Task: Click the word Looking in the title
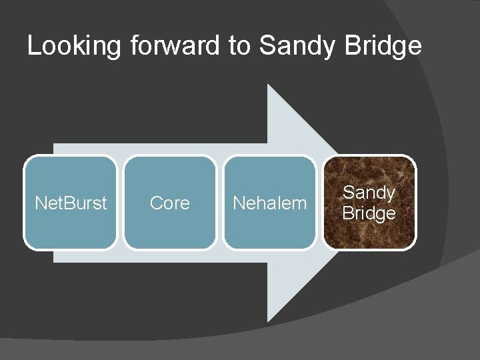tap(74, 46)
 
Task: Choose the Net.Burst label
tap(70, 203)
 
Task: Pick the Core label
tap(169, 203)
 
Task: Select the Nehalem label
tap(269, 203)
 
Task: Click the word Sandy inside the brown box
tap(369, 193)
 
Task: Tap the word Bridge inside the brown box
tap(369, 213)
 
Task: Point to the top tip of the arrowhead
tap(268, 85)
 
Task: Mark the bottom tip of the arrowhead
tap(268, 321)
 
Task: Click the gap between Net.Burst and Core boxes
tap(121, 203)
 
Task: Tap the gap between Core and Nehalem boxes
tap(219, 203)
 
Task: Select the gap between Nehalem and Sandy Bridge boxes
tap(319, 203)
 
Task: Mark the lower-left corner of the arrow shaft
tap(54, 261)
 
